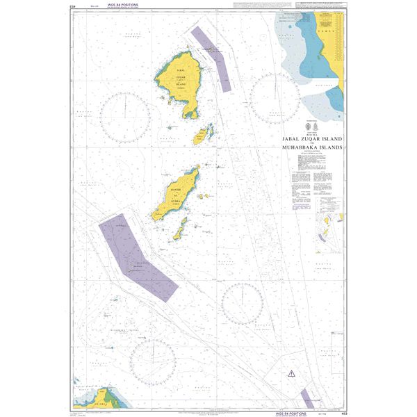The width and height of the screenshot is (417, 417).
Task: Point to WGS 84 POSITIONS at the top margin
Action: pyautogui.click(x=114, y=5)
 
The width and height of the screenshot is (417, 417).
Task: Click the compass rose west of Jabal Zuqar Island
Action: pyautogui.click(x=125, y=115)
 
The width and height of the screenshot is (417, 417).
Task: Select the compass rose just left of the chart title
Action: pyautogui.click(x=275, y=97)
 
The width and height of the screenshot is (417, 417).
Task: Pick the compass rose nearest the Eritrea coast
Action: pyautogui.click(x=152, y=360)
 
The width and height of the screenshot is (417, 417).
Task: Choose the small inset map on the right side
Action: pyautogui.click(x=329, y=227)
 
